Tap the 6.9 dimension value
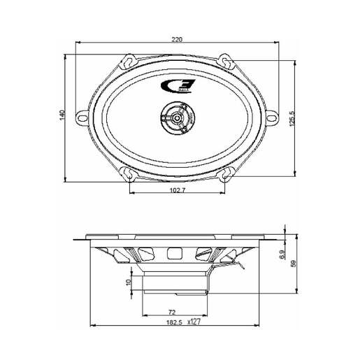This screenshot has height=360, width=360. (282, 256)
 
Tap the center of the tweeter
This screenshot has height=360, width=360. (178, 119)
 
